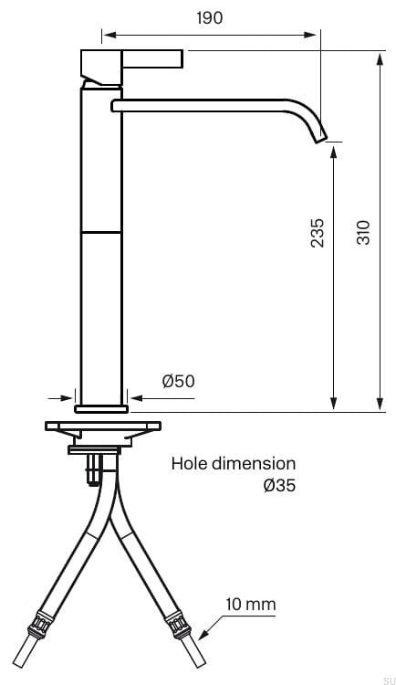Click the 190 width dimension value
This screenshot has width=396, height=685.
(210, 18)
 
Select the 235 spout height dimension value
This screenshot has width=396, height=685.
(318, 233)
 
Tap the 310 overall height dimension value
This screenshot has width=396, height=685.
(363, 232)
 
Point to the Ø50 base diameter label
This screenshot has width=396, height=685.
(179, 381)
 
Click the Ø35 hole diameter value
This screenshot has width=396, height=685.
(279, 485)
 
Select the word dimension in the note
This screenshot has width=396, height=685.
(254, 463)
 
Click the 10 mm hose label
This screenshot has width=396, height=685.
(251, 605)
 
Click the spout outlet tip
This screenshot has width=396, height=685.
(321, 139)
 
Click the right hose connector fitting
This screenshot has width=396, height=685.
(177, 626)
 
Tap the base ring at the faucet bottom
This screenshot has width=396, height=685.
(101, 409)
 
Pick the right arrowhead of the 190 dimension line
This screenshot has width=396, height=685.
(310, 35)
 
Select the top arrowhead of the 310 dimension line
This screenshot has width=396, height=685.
(380, 58)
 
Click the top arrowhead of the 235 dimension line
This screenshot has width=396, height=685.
(334, 153)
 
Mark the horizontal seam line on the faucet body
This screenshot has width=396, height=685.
(101, 232)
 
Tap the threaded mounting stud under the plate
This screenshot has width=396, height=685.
(92, 469)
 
